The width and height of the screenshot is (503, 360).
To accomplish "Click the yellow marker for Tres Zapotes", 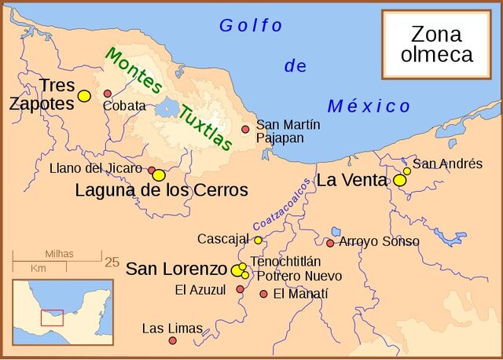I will pyautogui.click(x=84, y=96).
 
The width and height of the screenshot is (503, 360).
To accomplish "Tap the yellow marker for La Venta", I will pyautogui.click(x=399, y=180).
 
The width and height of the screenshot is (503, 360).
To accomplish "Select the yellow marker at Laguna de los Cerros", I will pyautogui.click(x=159, y=174).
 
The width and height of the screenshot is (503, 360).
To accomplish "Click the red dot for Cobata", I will pyautogui.click(x=108, y=94).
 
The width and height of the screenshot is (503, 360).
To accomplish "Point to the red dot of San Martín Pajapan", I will pyautogui.click(x=245, y=129).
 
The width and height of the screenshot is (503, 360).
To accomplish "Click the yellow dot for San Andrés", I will pyautogui.click(x=407, y=171).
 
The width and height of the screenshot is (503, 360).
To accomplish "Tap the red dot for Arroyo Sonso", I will pyautogui.click(x=330, y=243).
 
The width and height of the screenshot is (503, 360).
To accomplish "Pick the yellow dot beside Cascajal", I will pyautogui.click(x=258, y=240).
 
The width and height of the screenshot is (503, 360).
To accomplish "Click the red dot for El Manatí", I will pyautogui.click(x=263, y=294).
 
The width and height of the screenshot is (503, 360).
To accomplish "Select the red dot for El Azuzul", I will pyautogui.click(x=240, y=289).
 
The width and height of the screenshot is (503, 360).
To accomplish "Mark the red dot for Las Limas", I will pyautogui.click(x=172, y=340).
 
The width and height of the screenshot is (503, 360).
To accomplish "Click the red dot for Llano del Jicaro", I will pyautogui.click(x=152, y=170).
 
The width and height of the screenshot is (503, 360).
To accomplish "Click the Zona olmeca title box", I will pyautogui.click(x=437, y=44).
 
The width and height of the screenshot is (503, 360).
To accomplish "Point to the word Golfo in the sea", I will pyautogui.click(x=250, y=26).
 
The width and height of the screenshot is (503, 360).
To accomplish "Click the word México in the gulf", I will pyautogui.click(x=369, y=106).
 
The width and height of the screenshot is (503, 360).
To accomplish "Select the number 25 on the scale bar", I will pyautogui.click(x=112, y=262).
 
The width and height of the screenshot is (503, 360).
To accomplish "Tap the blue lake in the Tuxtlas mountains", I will pyautogui.click(x=167, y=108).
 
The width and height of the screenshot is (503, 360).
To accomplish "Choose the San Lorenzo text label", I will pyautogui.click(x=176, y=268).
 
